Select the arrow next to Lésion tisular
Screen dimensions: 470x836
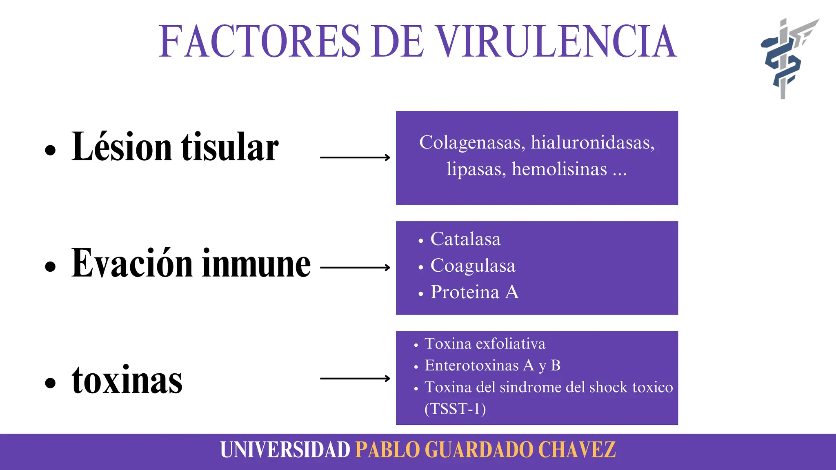(355, 157)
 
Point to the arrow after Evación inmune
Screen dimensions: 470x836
(355, 268)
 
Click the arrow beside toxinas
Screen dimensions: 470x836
(355, 379)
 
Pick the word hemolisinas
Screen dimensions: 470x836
(559, 169)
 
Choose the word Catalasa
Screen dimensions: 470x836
(465, 239)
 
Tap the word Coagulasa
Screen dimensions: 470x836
(473, 266)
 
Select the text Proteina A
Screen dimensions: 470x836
(474, 292)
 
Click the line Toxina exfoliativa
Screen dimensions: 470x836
(485, 344)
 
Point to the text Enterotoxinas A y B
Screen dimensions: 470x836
(492, 366)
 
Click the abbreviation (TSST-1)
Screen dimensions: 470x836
(455, 409)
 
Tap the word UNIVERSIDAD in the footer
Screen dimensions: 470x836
(285, 450)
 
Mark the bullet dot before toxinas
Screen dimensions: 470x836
(50, 383)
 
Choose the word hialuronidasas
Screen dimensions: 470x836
(592, 143)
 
